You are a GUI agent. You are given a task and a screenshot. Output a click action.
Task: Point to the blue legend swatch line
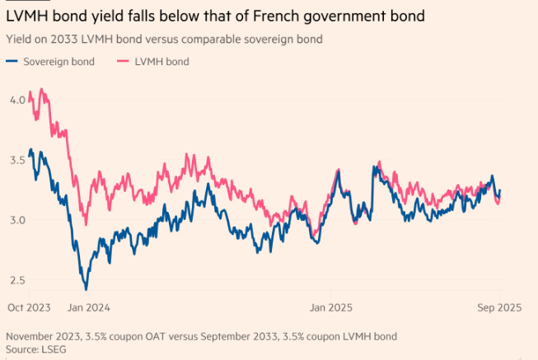[x=12, y=61]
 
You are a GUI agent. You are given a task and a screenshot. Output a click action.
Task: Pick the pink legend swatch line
[x=124, y=61]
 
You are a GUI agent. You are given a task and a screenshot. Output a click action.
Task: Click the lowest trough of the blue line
[x=86, y=289]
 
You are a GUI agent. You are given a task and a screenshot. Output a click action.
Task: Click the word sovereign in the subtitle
[x=233, y=39]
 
